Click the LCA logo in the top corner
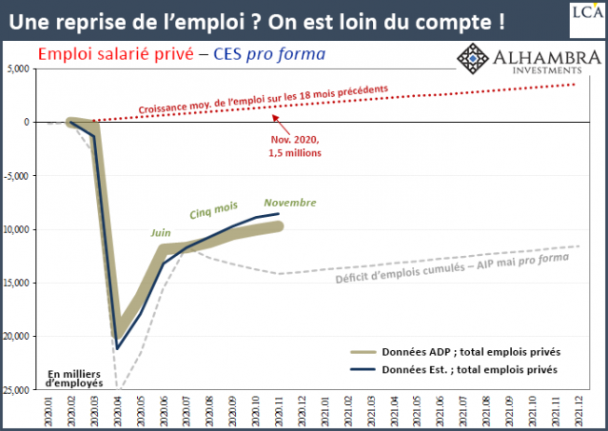[586, 12]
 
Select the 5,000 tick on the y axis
[19, 69]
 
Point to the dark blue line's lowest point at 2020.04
[116, 348]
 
